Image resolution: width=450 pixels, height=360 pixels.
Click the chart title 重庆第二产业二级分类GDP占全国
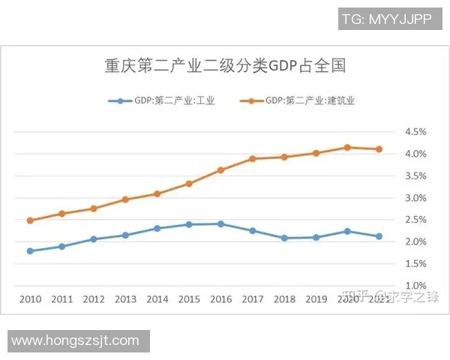pyautogui.click(x=224, y=66)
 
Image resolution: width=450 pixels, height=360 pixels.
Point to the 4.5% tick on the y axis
pyautogui.click(x=415, y=132)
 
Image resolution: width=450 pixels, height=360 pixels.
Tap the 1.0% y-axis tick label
pyautogui.click(x=415, y=286)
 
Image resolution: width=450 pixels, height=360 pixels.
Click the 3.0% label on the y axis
pyautogui.click(x=415, y=198)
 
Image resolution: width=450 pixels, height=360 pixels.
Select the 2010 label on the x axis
pyautogui.click(x=30, y=298)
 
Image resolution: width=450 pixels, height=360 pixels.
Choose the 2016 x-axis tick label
pyautogui.click(x=221, y=298)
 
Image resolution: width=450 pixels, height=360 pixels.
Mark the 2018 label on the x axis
pyautogui.click(x=284, y=298)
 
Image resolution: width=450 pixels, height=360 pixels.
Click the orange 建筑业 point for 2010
pyautogui.click(x=30, y=220)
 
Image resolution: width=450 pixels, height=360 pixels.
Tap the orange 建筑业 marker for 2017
pyautogui.click(x=253, y=159)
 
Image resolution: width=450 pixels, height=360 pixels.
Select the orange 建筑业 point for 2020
pyautogui.click(x=347, y=147)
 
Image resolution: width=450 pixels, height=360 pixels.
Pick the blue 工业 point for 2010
pyautogui.click(x=30, y=251)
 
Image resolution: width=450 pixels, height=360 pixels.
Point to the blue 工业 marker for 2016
pyautogui.click(x=220, y=223)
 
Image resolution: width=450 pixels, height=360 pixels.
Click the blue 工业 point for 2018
pyautogui.click(x=284, y=238)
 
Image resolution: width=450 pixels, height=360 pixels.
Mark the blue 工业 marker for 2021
pyautogui.click(x=379, y=236)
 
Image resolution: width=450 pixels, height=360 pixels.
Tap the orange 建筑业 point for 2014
pyautogui.click(x=157, y=193)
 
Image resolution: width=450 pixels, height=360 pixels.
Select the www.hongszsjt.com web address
pyautogui.click(x=75, y=340)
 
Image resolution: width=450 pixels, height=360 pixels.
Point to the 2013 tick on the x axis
pyautogui.click(x=125, y=298)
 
